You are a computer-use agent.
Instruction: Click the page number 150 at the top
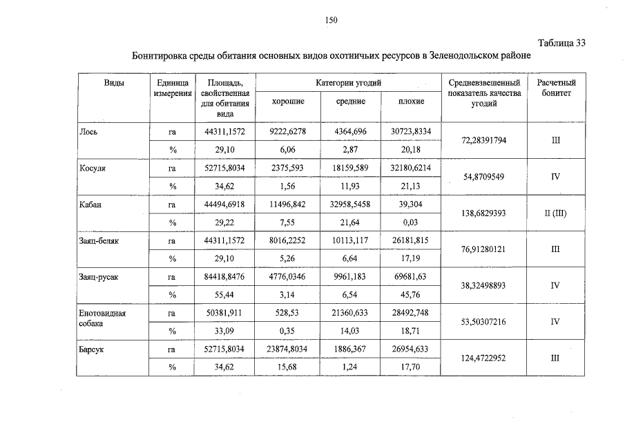pyautogui.click(x=330, y=20)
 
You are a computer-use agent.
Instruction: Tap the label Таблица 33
pyautogui.click(x=560, y=43)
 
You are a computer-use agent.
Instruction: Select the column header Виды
pyautogui.click(x=114, y=83)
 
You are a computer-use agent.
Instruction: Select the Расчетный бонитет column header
pyautogui.click(x=556, y=88)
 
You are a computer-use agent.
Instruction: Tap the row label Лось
pyautogui.click(x=88, y=131)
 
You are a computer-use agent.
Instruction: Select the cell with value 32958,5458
pyautogui.click(x=349, y=204)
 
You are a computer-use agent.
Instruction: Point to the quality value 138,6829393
pyautogui.click(x=483, y=213)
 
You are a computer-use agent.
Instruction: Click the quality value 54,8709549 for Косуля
pyautogui.click(x=483, y=177)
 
